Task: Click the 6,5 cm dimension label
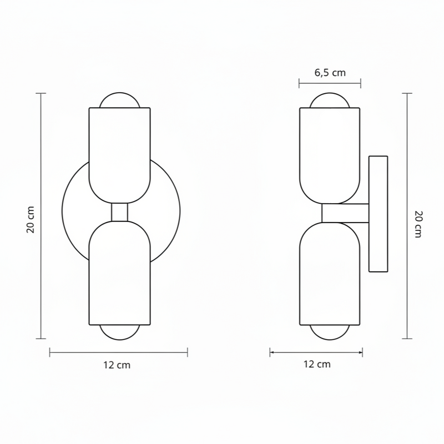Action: [x=330, y=73]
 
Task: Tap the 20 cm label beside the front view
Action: [x=31, y=220]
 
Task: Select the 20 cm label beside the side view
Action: [x=418, y=224]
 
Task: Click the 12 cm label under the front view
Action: [x=117, y=365]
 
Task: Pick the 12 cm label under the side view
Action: [x=317, y=364]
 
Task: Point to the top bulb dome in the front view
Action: [x=119, y=93]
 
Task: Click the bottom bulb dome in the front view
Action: [x=119, y=339]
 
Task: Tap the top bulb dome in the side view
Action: [x=330, y=94]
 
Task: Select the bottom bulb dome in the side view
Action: [x=330, y=339]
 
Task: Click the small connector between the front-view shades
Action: [x=119, y=212]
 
